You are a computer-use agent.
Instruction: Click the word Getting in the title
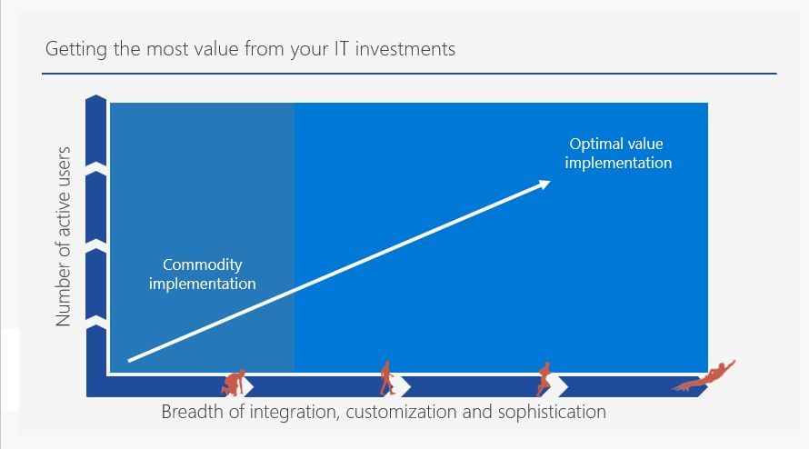pos(77,50)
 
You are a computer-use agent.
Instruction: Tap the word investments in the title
pos(405,48)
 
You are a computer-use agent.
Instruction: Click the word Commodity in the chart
pos(202,265)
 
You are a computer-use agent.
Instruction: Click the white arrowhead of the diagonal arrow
pos(544,185)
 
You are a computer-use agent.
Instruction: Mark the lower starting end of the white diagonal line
pos(129,360)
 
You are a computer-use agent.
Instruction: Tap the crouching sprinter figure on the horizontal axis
pos(234,383)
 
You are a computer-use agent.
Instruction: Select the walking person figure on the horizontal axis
pos(386,378)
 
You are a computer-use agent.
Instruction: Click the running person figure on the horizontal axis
pos(544,379)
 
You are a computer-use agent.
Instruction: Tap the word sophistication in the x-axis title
pos(552,413)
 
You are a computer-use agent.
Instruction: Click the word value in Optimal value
pos(645,144)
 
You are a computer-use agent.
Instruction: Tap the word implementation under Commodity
pos(202,284)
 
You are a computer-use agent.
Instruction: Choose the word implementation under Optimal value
pos(618,163)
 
